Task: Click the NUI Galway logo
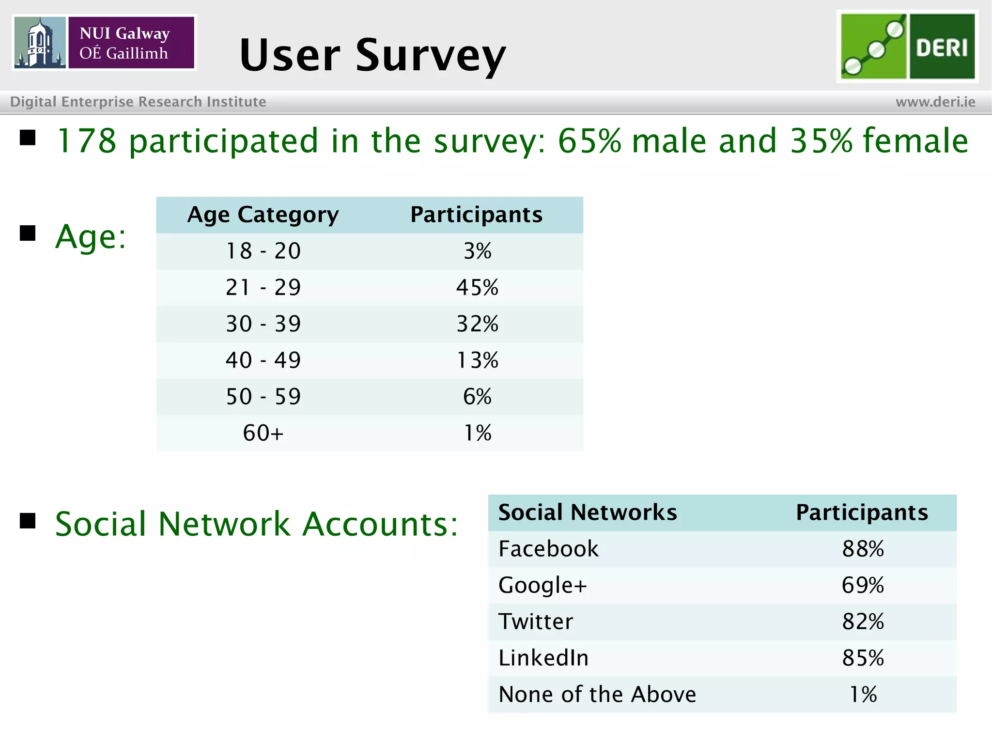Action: [x=104, y=43]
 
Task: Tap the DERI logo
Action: [x=907, y=46]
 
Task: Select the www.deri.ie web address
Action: [x=935, y=102]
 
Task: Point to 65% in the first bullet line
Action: [x=589, y=141]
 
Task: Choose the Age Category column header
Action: [x=263, y=215]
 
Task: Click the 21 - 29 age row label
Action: [x=263, y=287]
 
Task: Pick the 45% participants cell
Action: [x=477, y=287]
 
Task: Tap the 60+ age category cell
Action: [x=263, y=433]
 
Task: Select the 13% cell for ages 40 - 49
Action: [x=477, y=360]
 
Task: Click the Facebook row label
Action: [x=548, y=549]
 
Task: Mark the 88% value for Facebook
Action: [x=863, y=549]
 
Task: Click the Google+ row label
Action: [x=542, y=585]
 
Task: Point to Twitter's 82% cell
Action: [x=863, y=621]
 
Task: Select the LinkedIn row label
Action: [x=543, y=658]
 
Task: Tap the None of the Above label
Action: [x=597, y=694]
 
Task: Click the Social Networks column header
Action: [x=588, y=512]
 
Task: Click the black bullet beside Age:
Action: [x=28, y=233]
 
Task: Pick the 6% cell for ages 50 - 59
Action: [x=477, y=397]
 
